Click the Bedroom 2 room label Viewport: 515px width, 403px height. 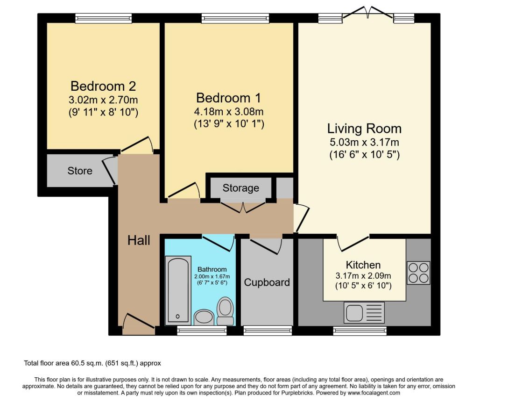coord(103,86)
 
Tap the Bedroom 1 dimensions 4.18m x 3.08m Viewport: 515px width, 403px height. coord(229,112)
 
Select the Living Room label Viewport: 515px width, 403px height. coord(364,129)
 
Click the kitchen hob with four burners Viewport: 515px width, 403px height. coord(418,273)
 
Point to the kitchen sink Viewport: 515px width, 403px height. coord(364,312)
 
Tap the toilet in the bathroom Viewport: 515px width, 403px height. coord(226,311)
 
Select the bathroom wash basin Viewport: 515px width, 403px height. coord(204,317)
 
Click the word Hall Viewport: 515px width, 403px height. coord(139,240)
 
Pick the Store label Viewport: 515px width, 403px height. coord(80,171)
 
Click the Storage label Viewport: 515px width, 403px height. coord(241,188)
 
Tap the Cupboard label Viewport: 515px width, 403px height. coord(267,282)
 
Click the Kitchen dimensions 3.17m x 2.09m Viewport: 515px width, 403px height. coord(363,276)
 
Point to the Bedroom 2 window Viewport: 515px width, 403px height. coord(104,18)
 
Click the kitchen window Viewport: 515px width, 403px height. coord(360,331)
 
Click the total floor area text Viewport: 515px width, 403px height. coord(92,363)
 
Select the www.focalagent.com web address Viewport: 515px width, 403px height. coord(374,393)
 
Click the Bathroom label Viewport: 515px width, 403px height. coord(212,269)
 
